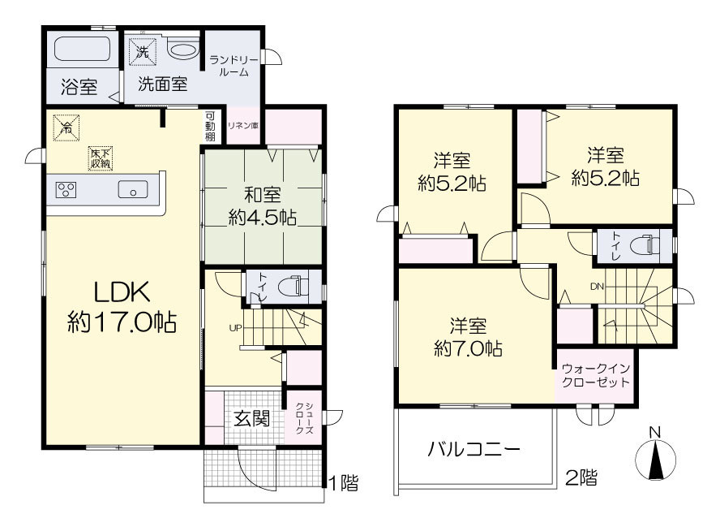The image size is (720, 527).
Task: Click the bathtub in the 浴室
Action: tap(83, 48)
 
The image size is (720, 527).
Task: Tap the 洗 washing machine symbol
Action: tap(143, 52)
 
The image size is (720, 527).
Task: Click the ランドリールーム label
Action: tap(234, 66)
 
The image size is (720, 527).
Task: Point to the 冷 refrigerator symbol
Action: tap(66, 127)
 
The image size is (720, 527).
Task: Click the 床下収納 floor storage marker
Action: tap(101, 158)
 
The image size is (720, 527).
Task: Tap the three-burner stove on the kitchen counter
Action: tap(66, 190)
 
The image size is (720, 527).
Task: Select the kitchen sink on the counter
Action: tap(133, 189)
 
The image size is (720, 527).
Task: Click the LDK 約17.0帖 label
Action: tap(122, 307)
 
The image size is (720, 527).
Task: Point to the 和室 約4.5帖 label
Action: tap(262, 206)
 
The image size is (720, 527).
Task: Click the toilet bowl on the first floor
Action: tap(298, 286)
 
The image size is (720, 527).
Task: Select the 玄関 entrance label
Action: tap(251, 419)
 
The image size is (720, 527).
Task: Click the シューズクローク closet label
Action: tap(303, 418)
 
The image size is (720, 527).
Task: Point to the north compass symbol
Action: tap(655, 455)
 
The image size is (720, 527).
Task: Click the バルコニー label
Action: tap(474, 449)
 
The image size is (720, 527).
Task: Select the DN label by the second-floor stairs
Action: tap(597, 287)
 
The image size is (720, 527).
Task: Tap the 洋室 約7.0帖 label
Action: tap(468, 337)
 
